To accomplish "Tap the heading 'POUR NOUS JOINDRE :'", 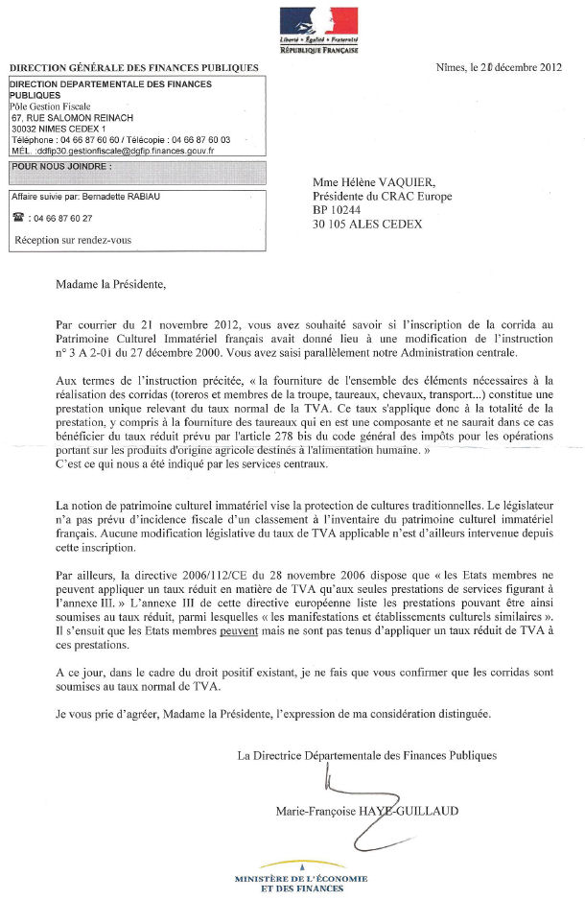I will point(62,166).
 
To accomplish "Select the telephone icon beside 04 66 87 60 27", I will point(18,218).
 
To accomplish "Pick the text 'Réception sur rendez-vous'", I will point(73,240).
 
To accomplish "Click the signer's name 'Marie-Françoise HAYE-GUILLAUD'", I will point(367,811).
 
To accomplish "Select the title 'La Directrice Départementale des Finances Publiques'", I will point(367,755).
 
